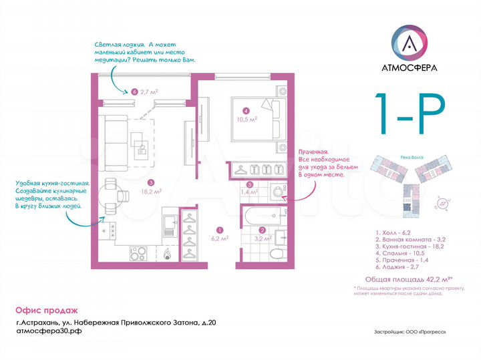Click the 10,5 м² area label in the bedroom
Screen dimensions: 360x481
248,120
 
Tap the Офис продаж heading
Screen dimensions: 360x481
46,311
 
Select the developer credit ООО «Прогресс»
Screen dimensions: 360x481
410,331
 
